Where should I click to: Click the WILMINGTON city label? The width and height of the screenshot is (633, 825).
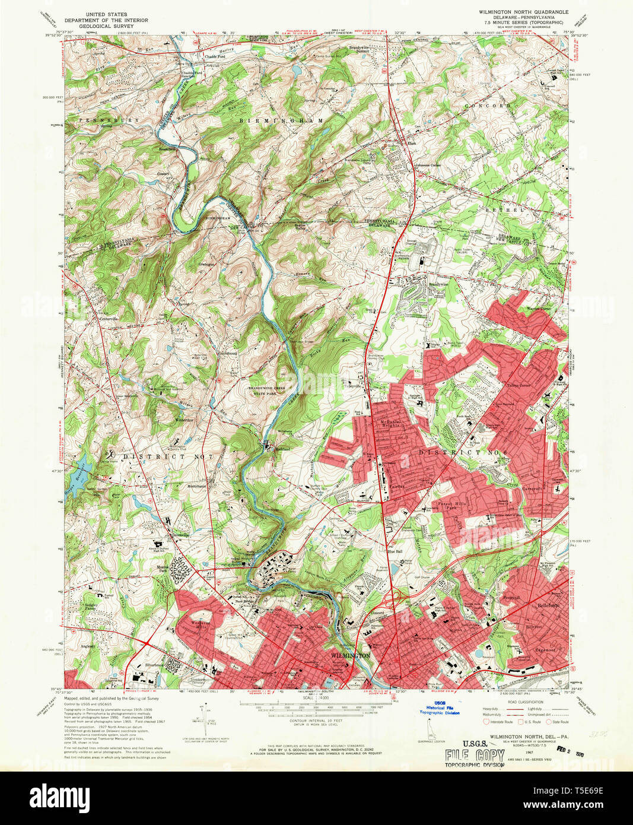pos(350,655)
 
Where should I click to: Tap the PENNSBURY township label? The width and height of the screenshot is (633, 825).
pos(107,120)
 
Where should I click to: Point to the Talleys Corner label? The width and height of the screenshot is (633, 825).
pos(518,385)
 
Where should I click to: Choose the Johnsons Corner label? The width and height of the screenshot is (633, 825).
pos(430,165)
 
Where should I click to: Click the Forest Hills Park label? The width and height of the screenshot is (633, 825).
pos(453,506)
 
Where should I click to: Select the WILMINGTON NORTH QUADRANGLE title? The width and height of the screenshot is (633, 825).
pos(523,12)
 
